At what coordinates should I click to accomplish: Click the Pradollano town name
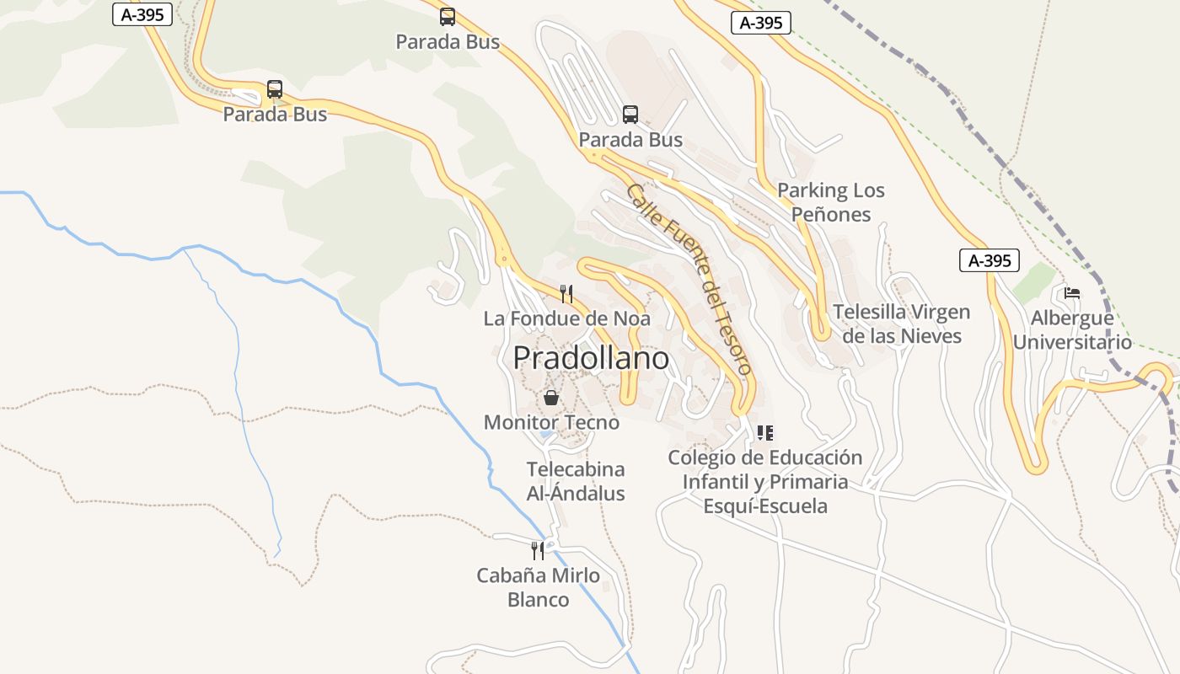591,358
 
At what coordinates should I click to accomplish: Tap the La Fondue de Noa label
566,318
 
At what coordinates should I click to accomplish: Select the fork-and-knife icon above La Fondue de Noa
566,294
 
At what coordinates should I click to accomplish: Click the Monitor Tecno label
551,422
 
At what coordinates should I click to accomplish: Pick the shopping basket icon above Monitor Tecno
551,398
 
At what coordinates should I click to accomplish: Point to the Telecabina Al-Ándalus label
576,481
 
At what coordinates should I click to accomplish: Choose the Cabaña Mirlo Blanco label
538,587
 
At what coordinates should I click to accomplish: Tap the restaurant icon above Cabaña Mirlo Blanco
538,551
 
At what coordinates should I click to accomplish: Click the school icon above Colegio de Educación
764,433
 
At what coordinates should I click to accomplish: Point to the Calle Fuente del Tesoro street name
688,279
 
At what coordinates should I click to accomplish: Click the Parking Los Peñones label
831,202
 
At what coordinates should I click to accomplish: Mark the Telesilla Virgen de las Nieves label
902,324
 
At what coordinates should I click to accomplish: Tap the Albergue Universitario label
1072,329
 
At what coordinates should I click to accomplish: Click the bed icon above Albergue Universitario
1072,293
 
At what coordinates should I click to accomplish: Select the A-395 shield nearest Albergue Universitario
990,260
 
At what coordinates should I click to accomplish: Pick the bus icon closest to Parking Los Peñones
630,115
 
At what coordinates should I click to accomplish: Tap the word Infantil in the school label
716,482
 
